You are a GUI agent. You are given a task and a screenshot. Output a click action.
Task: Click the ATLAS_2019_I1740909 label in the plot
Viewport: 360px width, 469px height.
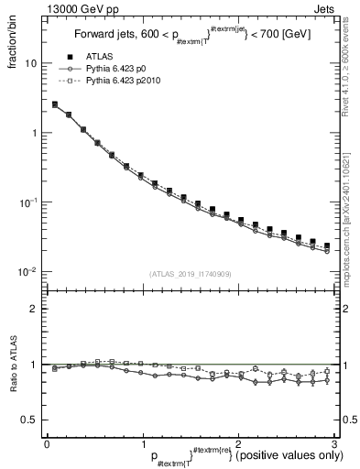point(191,274)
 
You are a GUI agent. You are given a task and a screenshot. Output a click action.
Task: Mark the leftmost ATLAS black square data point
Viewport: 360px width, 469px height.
point(55,104)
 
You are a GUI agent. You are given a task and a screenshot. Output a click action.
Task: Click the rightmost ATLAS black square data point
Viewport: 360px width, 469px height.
point(327,245)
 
